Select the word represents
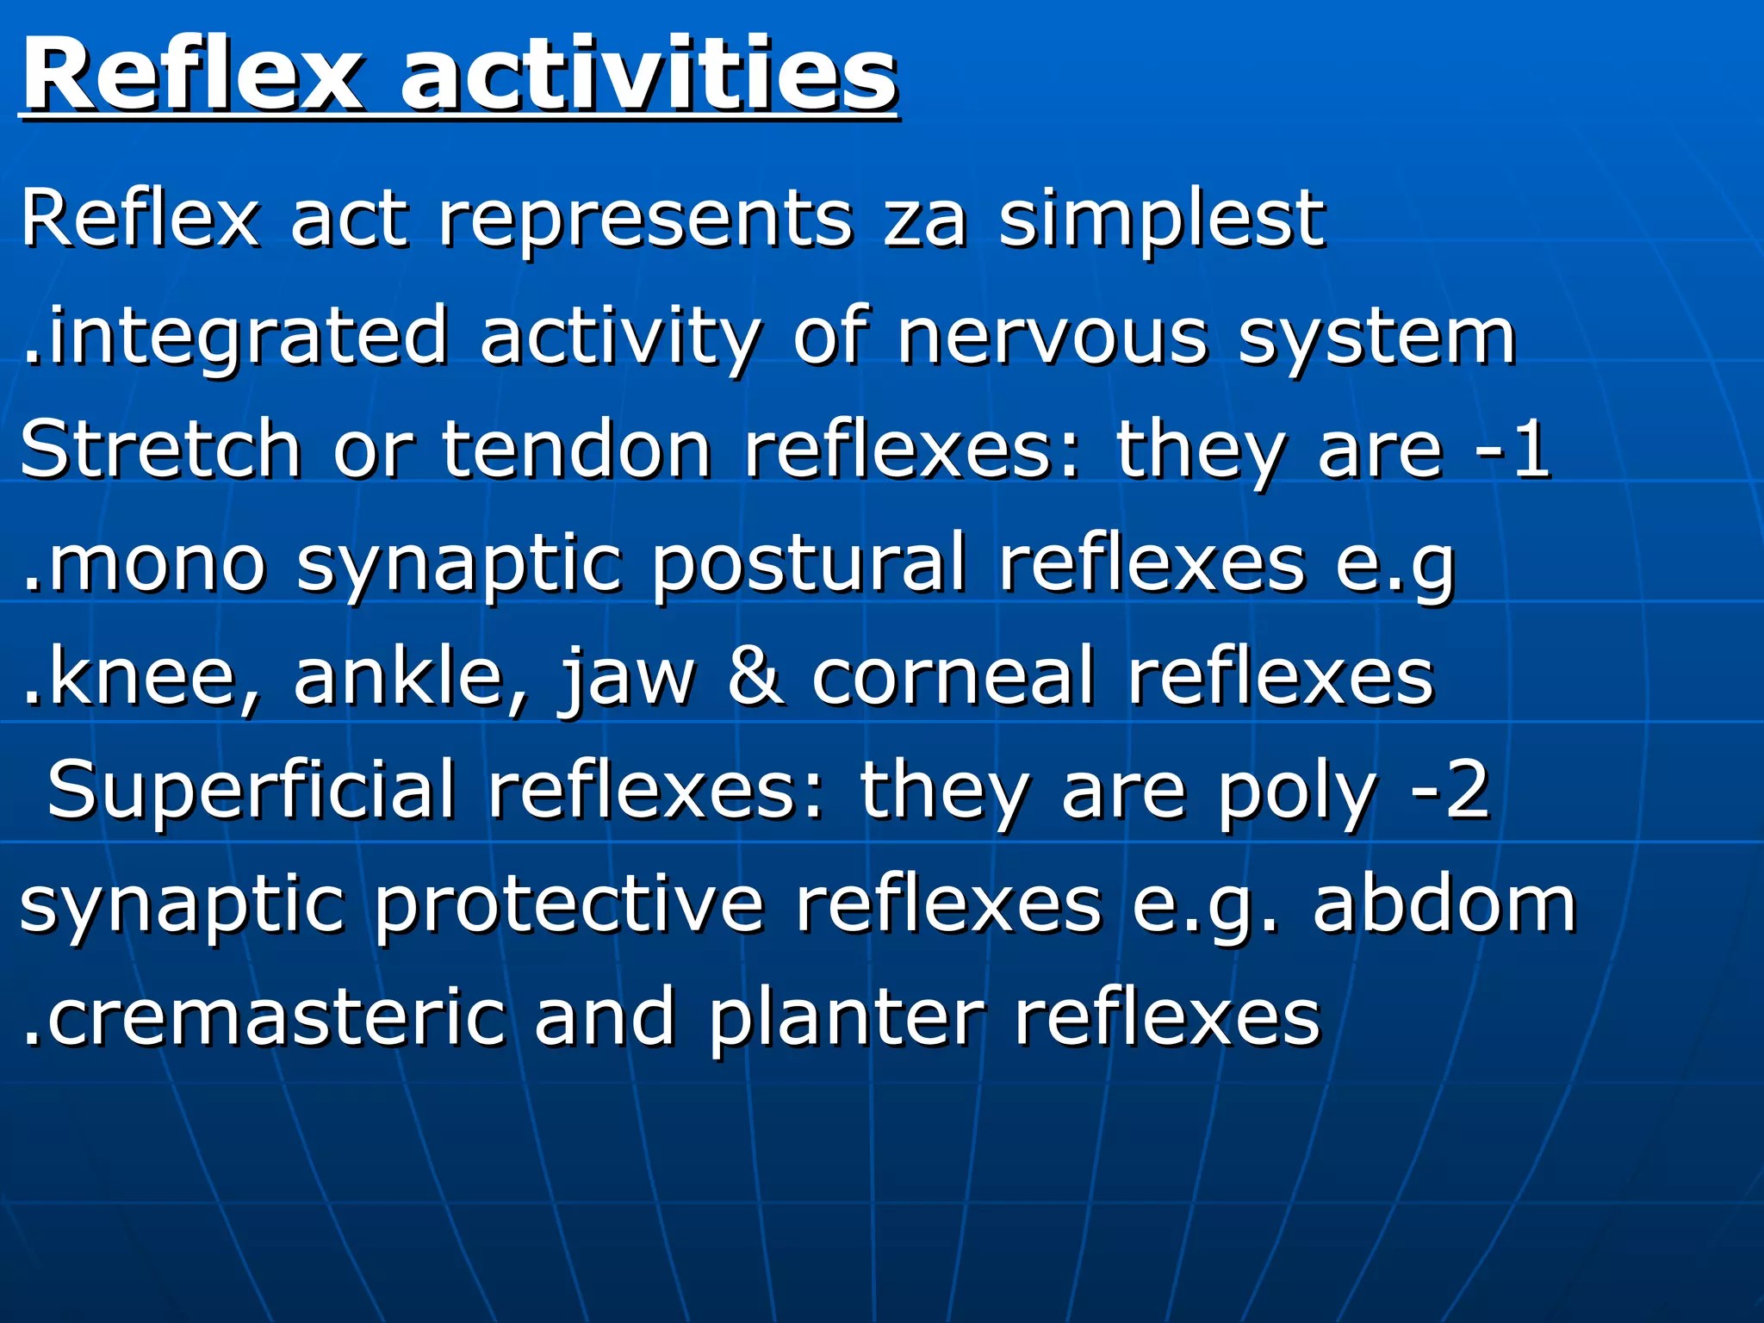coord(645,220)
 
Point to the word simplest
coord(1161,220)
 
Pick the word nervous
coord(1052,337)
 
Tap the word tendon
coord(576,449)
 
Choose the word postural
coord(807,564)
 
